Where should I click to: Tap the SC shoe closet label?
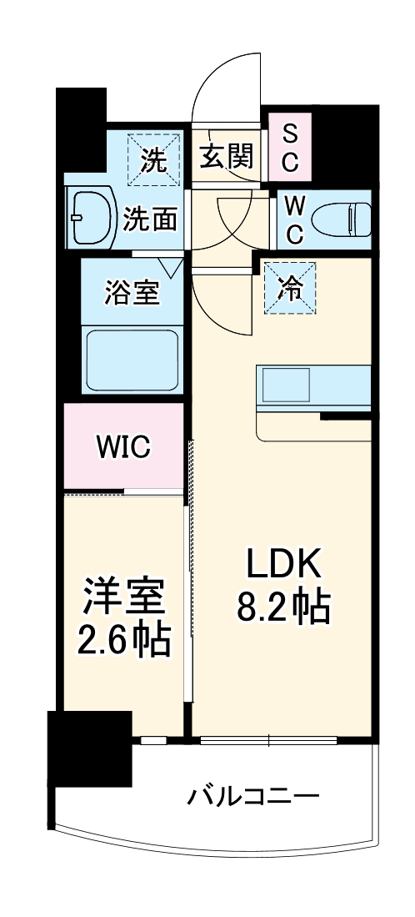[x=289, y=149]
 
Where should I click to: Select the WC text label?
[x=294, y=220]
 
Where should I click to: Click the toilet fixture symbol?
[x=342, y=221]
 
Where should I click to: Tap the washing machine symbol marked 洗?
[x=152, y=158]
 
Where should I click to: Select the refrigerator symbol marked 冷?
[x=291, y=287]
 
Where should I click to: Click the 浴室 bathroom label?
[x=132, y=293]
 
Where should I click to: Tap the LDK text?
[x=282, y=567]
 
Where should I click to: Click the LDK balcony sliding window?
[x=268, y=739]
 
